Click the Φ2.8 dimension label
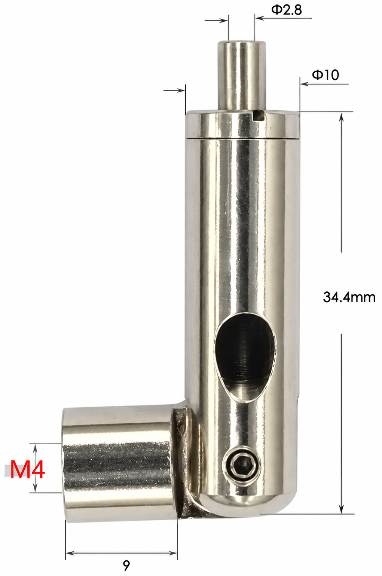click(x=286, y=10)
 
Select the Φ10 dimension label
click(x=325, y=75)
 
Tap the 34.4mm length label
click(x=349, y=297)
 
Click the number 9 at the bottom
click(x=126, y=565)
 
